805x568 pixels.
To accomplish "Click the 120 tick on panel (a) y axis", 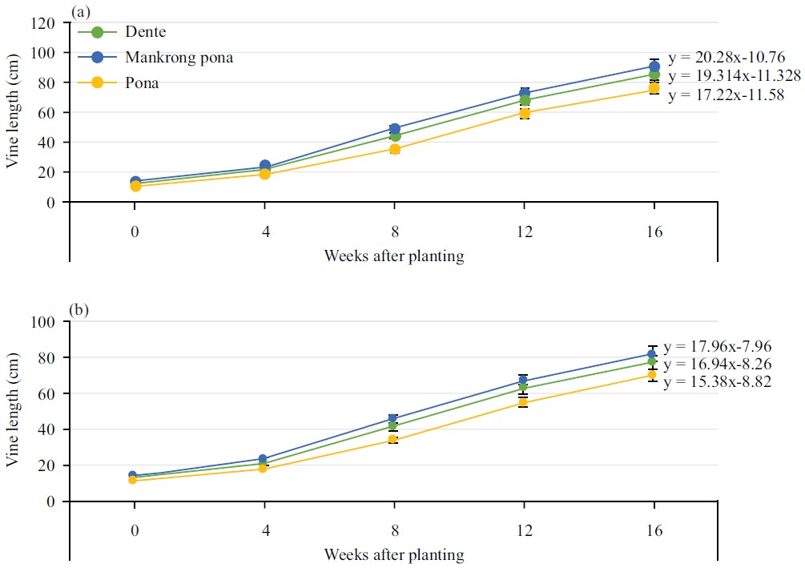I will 44,23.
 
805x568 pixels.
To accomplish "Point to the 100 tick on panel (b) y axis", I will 44,322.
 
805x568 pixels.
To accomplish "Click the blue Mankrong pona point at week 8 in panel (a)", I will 394,129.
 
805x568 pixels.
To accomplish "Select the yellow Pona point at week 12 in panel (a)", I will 524,113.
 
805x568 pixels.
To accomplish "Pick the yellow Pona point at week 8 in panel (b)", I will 394,440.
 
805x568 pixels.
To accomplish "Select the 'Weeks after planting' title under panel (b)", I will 394,554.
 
